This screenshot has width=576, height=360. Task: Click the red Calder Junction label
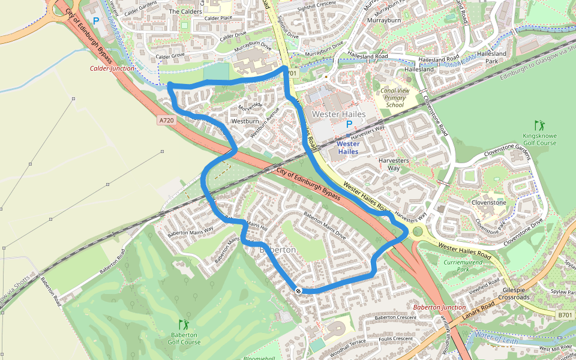coord(112,68)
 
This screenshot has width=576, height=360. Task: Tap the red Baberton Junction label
coord(440,307)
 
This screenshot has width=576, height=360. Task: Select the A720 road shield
coord(167,121)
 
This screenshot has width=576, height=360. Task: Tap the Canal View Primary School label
coord(395,98)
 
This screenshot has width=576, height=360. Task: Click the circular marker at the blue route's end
coord(298,290)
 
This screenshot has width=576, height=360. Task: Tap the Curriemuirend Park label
coord(463,266)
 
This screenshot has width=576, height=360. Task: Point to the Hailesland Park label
coord(491,58)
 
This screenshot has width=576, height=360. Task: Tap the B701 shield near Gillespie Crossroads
coord(565,315)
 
